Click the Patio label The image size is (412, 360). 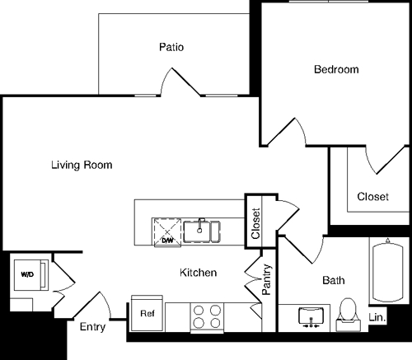coord(171,47)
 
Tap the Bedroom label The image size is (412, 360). coord(336,70)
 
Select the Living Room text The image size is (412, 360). coord(82,165)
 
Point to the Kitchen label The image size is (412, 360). coord(199,273)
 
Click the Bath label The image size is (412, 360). coord(333,281)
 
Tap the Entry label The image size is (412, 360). coord(92,327)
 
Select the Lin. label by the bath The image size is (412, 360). coord(377,317)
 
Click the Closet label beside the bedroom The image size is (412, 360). coord(372,197)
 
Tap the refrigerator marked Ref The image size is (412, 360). coord(147,314)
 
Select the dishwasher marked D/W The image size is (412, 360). coord(167,231)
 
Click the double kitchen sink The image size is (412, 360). coord(202,231)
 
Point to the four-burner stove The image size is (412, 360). coord(207,316)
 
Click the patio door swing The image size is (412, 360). coord(180,82)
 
